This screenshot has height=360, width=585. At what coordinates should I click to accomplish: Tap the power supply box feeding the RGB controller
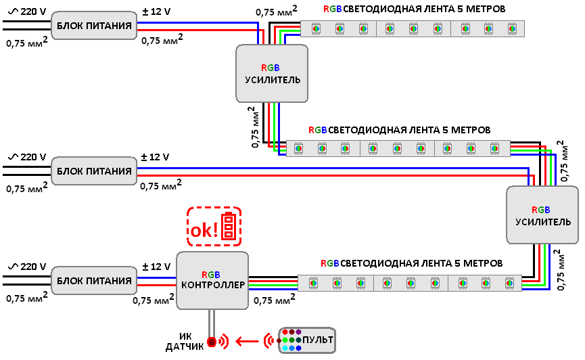point(94,281)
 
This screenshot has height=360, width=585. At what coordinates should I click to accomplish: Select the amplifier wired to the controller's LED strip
point(542,215)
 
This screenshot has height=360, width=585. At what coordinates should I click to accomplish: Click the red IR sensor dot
point(212,342)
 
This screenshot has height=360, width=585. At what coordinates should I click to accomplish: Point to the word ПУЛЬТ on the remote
point(318,340)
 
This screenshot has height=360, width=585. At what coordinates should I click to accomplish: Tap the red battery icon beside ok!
point(230,226)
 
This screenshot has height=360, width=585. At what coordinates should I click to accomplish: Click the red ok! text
point(204,230)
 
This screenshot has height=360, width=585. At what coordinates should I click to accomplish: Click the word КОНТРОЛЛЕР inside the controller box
point(212,286)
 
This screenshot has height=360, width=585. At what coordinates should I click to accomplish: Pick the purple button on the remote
point(298,332)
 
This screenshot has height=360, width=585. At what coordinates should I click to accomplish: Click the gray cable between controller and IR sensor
point(212,322)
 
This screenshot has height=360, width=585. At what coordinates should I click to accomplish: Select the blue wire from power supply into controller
point(158,277)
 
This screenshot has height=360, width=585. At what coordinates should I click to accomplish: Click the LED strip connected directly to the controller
point(409,284)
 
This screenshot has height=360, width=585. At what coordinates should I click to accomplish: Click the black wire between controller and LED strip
point(273,276)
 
